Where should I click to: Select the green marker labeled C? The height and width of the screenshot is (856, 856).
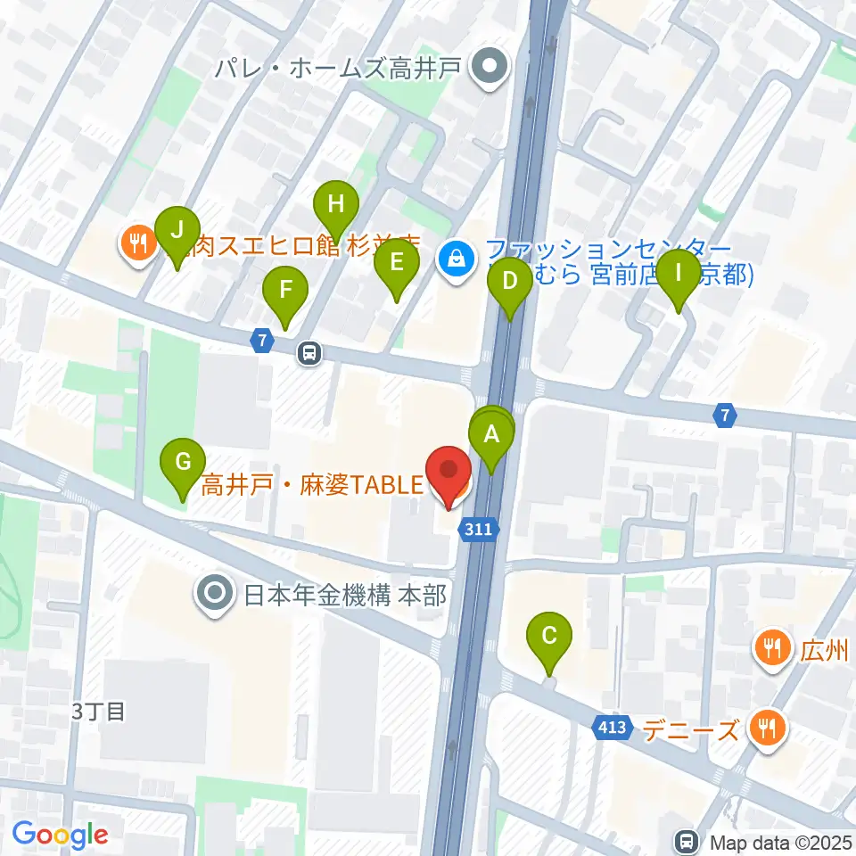[549, 638]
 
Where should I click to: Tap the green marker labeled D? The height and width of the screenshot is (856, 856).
[510, 283]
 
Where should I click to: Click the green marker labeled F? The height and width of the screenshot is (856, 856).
[285, 291]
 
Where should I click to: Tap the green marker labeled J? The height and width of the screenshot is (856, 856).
[177, 231]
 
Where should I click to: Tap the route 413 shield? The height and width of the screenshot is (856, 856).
[613, 728]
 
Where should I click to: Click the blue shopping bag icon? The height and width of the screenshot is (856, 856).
[457, 259]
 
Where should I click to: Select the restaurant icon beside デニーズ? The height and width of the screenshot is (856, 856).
[765, 728]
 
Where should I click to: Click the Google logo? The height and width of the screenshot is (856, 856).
[60, 835]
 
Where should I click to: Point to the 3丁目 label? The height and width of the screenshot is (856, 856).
[98, 712]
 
